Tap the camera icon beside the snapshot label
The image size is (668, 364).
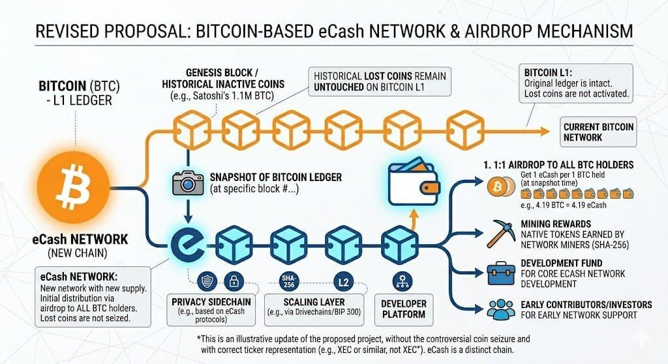[188, 182]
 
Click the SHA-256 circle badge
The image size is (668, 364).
[288, 281]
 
